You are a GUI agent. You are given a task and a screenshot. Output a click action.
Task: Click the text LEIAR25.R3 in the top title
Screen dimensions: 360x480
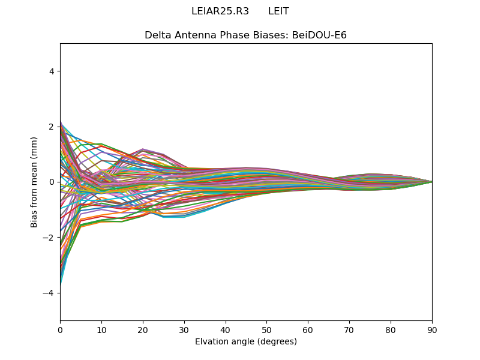coord(220,11)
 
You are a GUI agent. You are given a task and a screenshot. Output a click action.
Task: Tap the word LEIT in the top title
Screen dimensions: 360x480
coord(278,11)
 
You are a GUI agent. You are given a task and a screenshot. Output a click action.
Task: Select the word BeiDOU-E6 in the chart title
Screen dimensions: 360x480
coord(319,35)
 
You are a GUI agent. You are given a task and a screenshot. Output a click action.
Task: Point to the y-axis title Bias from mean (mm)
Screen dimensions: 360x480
coord(35,182)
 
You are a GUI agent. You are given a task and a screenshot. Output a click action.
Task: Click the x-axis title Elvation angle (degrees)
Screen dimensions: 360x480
coord(246,341)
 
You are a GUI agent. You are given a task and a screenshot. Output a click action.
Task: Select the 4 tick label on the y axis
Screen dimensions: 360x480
coord(52,71)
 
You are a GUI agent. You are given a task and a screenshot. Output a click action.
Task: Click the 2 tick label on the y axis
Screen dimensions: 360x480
coord(52,127)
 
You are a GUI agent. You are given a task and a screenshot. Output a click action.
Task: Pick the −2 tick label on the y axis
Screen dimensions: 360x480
coord(49,237)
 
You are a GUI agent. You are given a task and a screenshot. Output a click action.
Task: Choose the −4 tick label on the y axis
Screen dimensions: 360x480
coord(49,293)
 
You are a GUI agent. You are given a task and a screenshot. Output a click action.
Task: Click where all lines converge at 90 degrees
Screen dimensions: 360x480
coord(431,182)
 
